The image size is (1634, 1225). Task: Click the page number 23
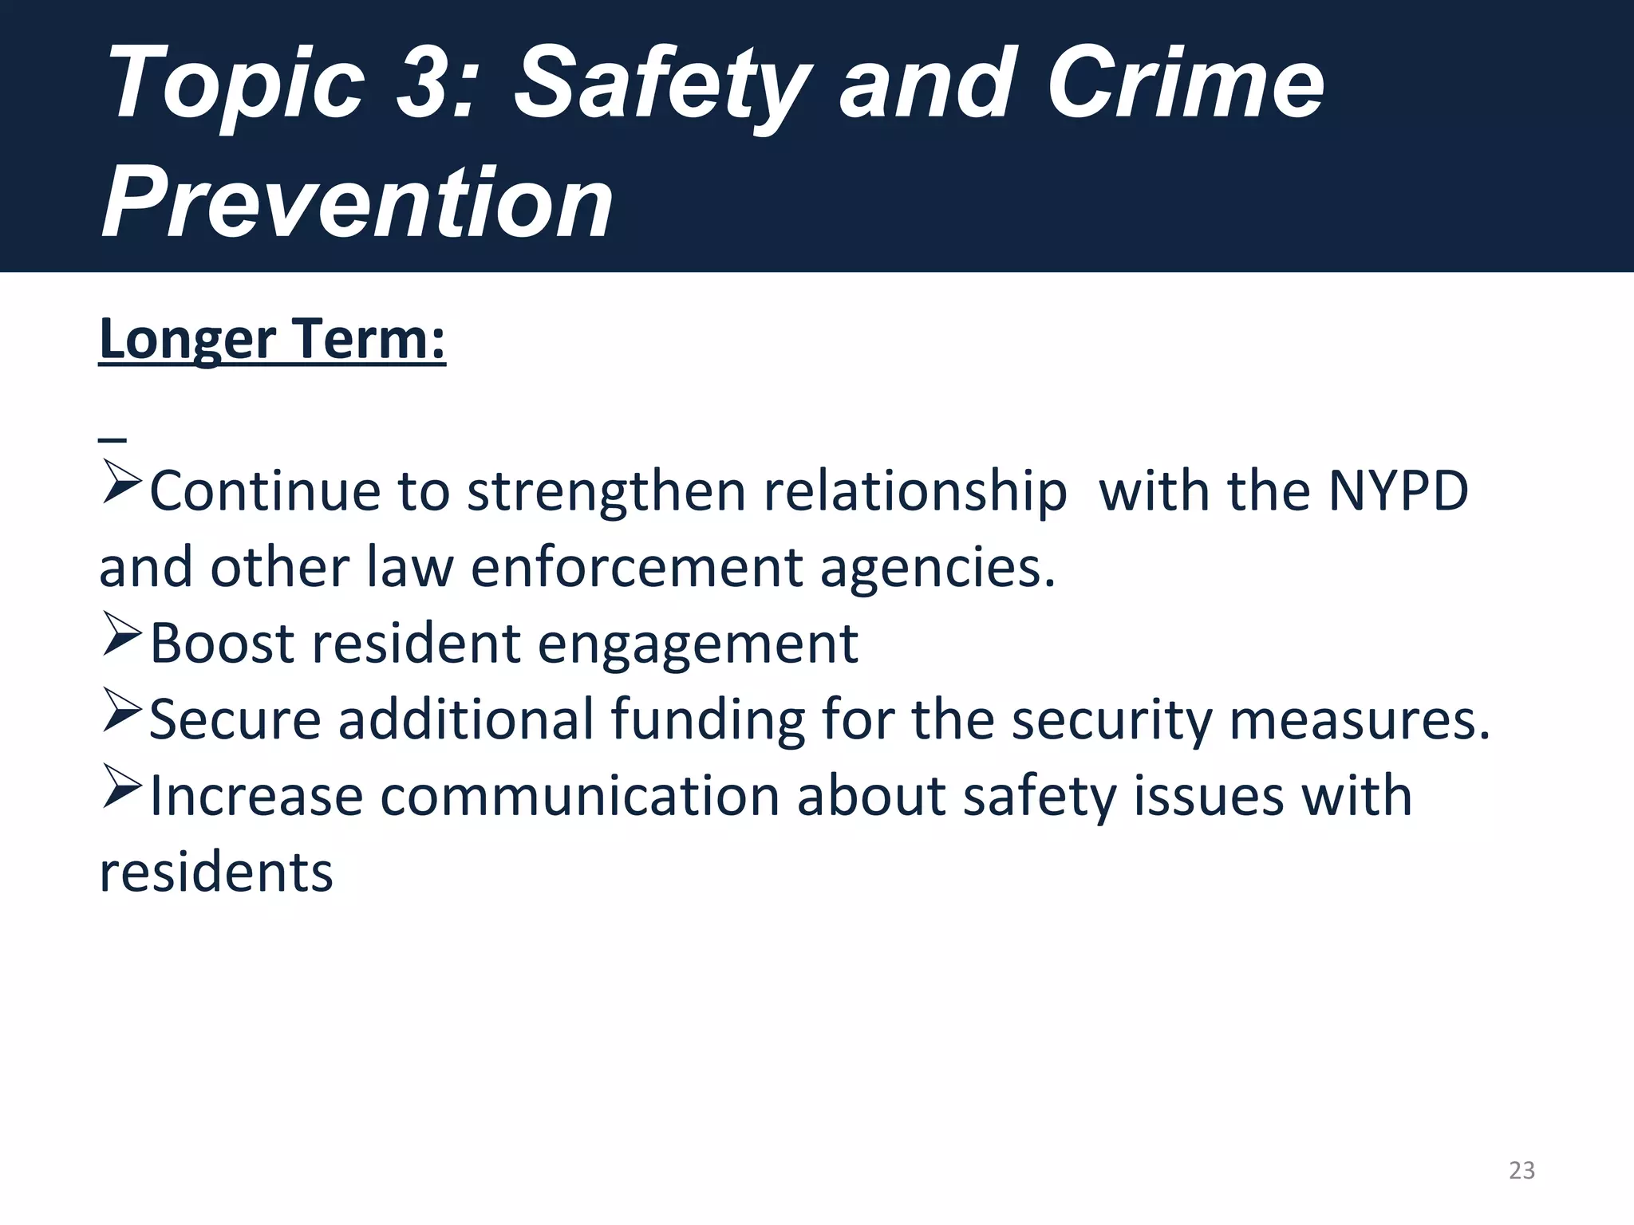pyautogui.click(x=1522, y=1170)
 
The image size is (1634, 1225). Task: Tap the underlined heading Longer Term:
pyautogui.click(x=272, y=340)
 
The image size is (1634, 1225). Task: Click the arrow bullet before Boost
pyautogui.click(x=121, y=638)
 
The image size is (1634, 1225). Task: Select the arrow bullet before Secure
pyautogui.click(x=121, y=714)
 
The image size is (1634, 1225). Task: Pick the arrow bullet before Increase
pyautogui.click(x=121, y=790)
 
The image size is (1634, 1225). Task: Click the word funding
pyautogui.click(x=708, y=720)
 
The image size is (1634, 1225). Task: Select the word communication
pyautogui.click(x=579, y=796)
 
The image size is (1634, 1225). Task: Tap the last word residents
pyautogui.click(x=216, y=872)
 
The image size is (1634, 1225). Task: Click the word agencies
pyautogui.click(x=937, y=569)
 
